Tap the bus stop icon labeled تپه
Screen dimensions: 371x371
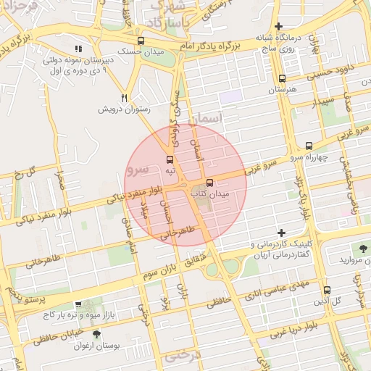tap(170, 159)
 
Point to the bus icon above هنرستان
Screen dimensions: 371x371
tap(282, 78)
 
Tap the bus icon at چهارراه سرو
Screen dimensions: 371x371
tap(309, 145)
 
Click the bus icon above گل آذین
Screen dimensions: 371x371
tap(326, 289)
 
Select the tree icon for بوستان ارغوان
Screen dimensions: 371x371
tap(97, 334)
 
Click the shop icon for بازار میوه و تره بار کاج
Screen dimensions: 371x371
tap(78, 305)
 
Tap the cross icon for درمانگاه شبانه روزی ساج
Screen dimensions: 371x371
tap(278, 26)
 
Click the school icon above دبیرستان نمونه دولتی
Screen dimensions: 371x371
tap(78, 49)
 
